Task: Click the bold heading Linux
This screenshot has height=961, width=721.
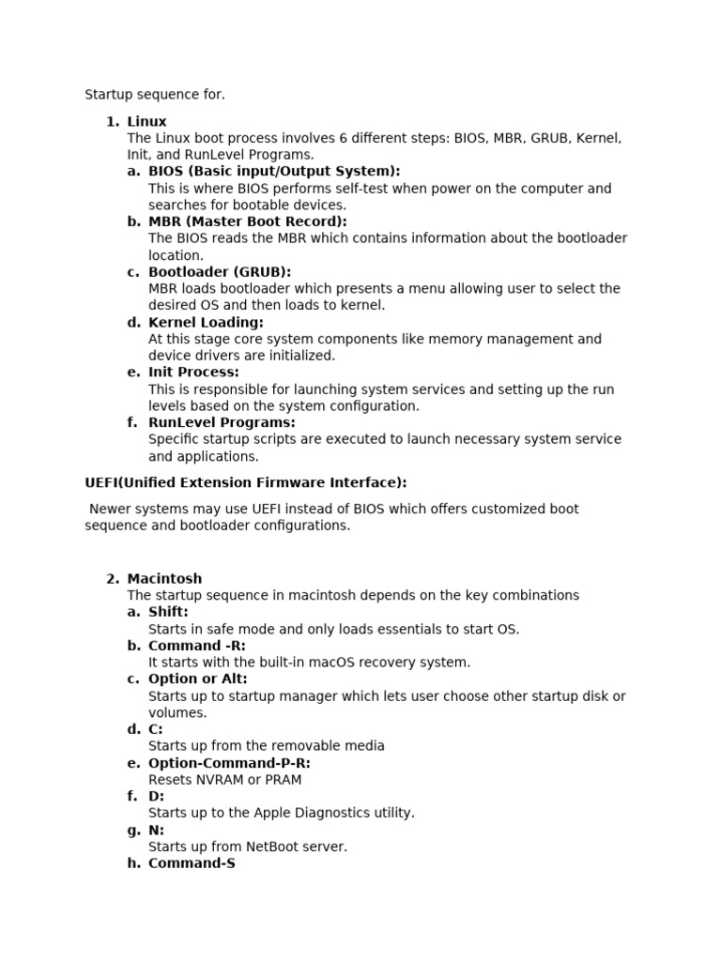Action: click(x=146, y=121)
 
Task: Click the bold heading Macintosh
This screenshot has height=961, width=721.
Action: click(x=164, y=578)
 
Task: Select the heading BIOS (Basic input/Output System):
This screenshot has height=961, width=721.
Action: click(x=273, y=171)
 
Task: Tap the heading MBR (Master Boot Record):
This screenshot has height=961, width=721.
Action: click(x=247, y=221)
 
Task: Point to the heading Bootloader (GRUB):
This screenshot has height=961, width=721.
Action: click(x=219, y=272)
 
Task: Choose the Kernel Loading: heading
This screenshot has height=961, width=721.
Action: click(x=206, y=322)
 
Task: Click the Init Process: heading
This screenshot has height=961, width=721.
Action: click(x=193, y=372)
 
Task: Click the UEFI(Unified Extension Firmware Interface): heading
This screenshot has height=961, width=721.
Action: click(x=246, y=482)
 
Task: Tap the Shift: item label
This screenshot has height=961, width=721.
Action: click(x=168, y=612)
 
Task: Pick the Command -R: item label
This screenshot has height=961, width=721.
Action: click(x=196, y=646)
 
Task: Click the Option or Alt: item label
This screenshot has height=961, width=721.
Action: click(x=197, y=679)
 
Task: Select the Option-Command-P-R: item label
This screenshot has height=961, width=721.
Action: click(x=229, y=763)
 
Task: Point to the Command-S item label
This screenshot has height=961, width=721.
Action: click(x=192, y=863)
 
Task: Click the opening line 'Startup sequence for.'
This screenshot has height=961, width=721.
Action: click(x=155, y=94)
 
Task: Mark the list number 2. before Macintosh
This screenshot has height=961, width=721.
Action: click(x=113, y=578)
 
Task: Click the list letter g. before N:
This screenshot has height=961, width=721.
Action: click(x=133, y=830)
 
